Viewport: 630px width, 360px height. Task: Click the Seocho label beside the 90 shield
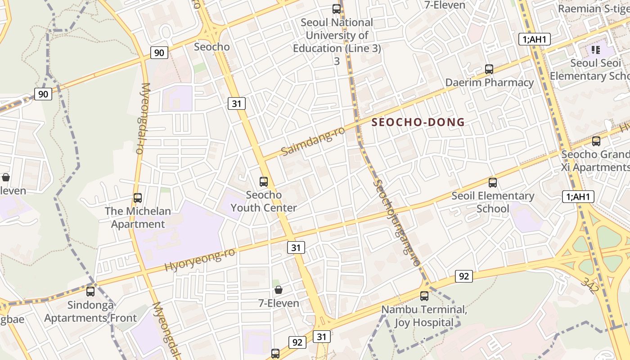tap(211, 47)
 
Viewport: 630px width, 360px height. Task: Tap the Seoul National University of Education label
tap(337, 35)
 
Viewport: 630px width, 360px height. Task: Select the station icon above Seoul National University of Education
tap(336, 9)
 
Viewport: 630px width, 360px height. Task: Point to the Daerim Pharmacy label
tap(489, 82)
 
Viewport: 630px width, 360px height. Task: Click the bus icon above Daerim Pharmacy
tap(489, 69)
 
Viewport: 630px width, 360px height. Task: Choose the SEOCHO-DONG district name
tap(418, 122)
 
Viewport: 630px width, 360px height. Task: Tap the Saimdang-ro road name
tap(313, 141)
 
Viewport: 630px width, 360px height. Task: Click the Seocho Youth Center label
tap(264, 201)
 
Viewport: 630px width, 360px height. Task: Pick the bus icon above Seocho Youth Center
tap(264, 182)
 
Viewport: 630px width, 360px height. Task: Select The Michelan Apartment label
tap(138, 217)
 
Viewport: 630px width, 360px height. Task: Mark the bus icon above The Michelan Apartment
tap(138, 198)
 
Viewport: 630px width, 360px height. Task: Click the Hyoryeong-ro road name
tap(200, 260)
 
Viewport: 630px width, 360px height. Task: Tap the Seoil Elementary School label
tap(493, 202)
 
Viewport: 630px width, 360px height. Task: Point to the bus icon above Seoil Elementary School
tap(493, 182)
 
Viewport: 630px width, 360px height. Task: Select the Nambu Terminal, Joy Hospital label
tap(424, 316)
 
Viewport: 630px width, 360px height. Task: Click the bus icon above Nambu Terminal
tap(424, 296)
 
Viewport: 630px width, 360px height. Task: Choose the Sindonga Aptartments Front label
tap(90, 311)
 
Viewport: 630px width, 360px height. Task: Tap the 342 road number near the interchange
tap(589, 284)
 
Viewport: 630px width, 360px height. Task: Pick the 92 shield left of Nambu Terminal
tap(463, 276)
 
